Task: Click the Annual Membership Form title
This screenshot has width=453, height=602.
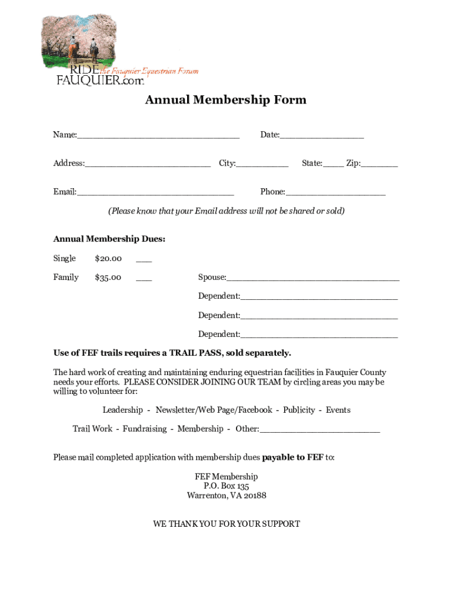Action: (226, 100)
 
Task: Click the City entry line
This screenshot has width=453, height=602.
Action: (262, 165)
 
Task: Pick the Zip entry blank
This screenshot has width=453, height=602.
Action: (379, 165)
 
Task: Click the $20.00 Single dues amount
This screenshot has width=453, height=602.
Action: (108, 259)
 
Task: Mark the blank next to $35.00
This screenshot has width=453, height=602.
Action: (144, 279)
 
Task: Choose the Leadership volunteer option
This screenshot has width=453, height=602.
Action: (122, 410)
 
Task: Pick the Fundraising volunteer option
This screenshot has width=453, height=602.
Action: (145, 429)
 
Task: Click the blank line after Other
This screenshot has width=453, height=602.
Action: (319, 430)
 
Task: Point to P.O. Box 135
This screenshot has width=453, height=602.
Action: (226, 486)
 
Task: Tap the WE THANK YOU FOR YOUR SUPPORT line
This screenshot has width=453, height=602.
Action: (226, 524)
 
